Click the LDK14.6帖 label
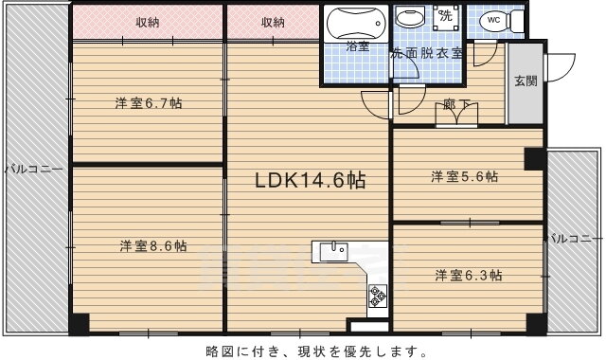[310, 180]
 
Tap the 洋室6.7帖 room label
[149, 103]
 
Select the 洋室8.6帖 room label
[153, 246]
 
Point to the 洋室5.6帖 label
[465, 177]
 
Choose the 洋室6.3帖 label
[469, 276]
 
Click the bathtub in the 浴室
[356, 23]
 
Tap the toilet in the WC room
[501, 20]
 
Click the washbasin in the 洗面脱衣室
[411, 19]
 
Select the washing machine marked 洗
[446, 17]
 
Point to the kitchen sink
[334, 253]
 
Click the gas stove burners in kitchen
[378, 296]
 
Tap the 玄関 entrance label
[526, 81]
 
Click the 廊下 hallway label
[456, 104]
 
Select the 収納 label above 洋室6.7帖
[148, 23]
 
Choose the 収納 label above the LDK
[273, 23]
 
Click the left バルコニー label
[34, 170]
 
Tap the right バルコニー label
[576, 239]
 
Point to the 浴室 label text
[358, 46]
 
